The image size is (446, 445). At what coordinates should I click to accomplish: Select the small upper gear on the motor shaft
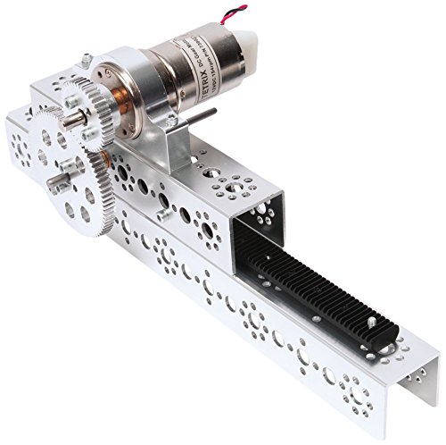pyautogui.click(x=84, y=111)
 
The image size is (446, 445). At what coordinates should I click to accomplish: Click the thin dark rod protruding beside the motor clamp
pyautogui.click(x=206, y=113)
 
